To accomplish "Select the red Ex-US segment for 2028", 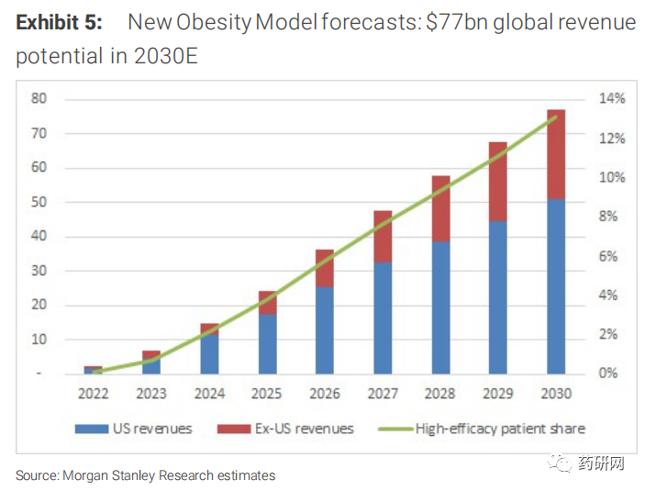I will [440, 208].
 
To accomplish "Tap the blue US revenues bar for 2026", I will [325, 330].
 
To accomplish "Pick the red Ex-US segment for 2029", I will [497, 181].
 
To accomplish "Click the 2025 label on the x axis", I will [267, 394].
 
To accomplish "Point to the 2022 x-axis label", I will [94, 394].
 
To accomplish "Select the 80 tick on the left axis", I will [40, 98].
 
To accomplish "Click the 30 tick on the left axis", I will [40, 271].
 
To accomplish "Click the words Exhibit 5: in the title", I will [60, 22].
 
